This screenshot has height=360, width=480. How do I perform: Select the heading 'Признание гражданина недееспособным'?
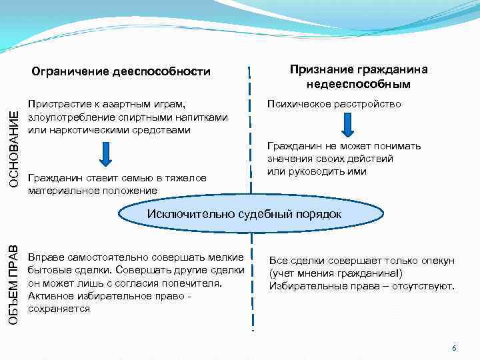358,77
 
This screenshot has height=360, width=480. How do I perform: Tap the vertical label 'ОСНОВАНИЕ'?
14,148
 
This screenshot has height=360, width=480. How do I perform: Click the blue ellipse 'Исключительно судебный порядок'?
244,214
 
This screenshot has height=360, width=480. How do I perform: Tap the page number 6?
454,348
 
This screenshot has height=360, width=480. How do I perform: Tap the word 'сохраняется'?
59,309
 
